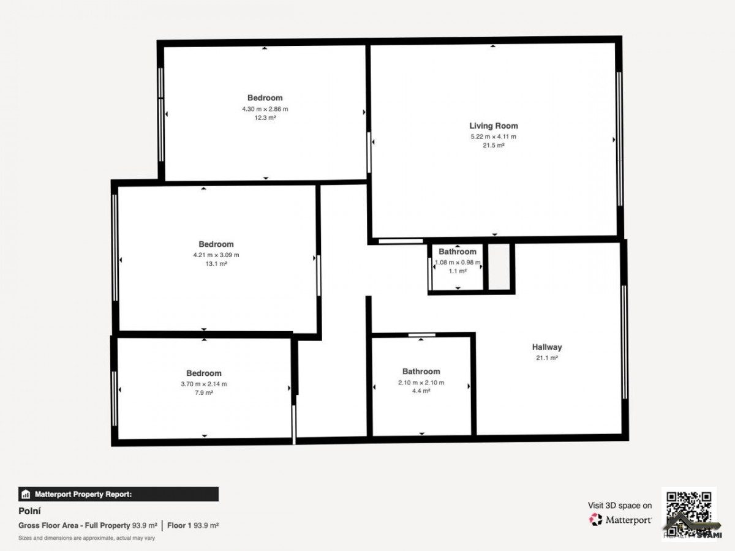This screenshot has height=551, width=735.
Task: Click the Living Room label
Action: [x=493, y=126]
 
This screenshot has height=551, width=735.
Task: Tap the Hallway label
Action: [x=547, y=347]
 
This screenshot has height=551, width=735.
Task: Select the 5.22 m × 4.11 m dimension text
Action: [x=493, y=137]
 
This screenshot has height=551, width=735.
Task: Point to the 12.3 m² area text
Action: [x=265, y=118]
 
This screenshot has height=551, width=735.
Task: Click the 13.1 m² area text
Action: [x=216, y=264]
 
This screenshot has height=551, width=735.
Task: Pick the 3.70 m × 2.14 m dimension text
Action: [x=204, y=384]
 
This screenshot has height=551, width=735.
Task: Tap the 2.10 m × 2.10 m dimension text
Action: [x=421, y=383]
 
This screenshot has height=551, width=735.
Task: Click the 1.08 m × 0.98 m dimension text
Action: [x=458, y=262]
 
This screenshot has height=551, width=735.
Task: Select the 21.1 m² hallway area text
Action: [x=547, y=358]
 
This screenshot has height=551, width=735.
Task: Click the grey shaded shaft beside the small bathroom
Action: [x=499, y=267]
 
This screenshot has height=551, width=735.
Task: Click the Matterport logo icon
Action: [x=596, y=520]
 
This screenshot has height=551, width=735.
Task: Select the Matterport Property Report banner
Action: [x=119, y=494]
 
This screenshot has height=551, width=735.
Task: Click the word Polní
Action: [x=29, y=511]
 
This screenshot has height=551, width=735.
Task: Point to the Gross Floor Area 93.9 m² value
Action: [x=145, y=525]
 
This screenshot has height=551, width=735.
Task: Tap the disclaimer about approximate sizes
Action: [x=87, y=538]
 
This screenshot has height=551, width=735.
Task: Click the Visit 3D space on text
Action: [x=620, y=506]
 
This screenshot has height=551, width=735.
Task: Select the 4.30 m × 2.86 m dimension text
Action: [x=265, y=109]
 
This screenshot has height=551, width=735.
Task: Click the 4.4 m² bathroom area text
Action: [x=421, y=391]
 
